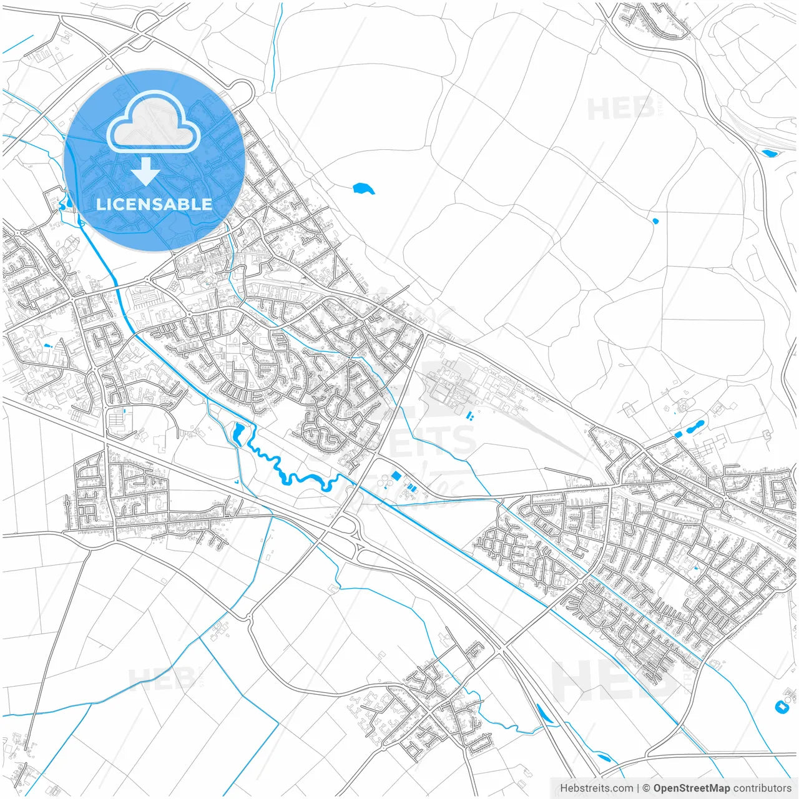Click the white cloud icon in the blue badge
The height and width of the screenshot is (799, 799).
(154, 122)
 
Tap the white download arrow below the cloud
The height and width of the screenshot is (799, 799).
(146, 172)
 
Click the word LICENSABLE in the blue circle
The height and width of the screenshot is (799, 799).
(154, 204)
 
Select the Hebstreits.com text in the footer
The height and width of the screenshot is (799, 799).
(596, 788)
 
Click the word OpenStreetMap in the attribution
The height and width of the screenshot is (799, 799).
(691, 788)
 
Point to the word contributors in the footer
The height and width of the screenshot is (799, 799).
(762, 788)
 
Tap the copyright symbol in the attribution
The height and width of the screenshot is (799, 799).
(646, 788)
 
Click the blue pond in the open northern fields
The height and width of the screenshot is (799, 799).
(363, 188)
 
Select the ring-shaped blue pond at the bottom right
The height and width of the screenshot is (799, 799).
(780, 707)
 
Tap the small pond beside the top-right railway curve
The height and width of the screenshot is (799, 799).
(768, 152)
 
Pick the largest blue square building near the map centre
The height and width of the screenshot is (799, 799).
(396, 476)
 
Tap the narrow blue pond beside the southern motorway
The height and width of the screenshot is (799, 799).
(544, 714)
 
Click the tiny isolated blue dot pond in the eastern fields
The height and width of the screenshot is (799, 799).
(655, 220)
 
